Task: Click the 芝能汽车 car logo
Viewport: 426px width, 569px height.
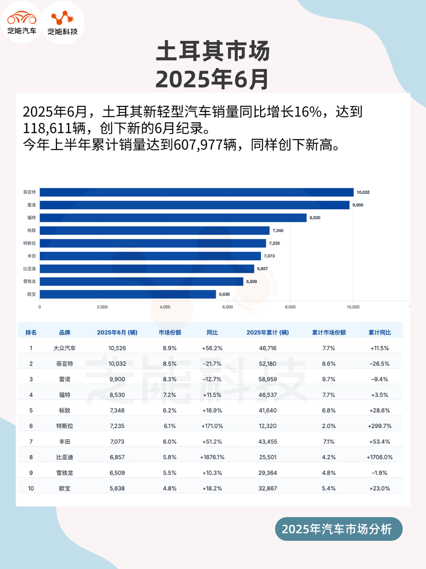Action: coord(21,22)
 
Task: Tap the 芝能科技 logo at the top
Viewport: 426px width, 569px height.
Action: coord(63,23)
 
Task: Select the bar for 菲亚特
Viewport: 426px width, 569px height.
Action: coord(196,192)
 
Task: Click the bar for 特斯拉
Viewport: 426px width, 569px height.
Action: coord(153,243)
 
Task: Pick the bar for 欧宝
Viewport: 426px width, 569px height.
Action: coord(128,294)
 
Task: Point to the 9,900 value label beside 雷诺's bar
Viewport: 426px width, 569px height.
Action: coord(358,205)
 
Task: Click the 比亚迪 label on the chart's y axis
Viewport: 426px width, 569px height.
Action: coord(29,268)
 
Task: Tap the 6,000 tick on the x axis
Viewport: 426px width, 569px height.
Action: coord(227,307)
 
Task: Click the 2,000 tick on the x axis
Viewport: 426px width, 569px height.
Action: coord(102,307)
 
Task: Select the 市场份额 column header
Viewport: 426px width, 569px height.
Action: coord(170,333)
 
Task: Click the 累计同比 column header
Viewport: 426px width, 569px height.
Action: coord(379,333)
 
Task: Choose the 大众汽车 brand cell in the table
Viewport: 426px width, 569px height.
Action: coord(64,348)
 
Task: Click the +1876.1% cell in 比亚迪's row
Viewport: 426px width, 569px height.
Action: coord(212,457)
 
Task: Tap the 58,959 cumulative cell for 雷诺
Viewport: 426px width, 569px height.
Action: coord(267,379)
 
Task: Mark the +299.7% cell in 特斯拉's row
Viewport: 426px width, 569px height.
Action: coord(379,426)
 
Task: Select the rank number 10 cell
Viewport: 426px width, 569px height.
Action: coord(31,488)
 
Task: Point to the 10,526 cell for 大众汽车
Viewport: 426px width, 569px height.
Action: coord(117,348)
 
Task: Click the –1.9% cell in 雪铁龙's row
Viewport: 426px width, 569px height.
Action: coord(379,473)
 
